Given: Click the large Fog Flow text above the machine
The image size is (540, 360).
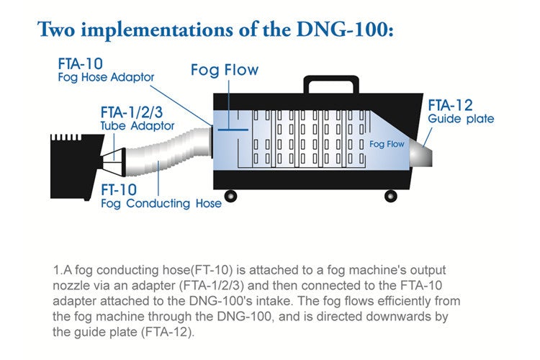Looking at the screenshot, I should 225,71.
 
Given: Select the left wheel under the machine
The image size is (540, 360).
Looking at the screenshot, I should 231,194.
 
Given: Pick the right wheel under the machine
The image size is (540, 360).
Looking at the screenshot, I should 390,194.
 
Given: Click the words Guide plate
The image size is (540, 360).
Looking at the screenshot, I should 461,119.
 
